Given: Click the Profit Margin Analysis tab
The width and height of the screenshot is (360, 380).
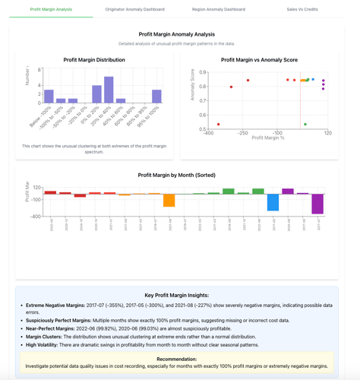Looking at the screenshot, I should tap(51, 9).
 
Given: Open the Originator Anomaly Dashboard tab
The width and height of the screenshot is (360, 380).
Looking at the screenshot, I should tap(134, 9).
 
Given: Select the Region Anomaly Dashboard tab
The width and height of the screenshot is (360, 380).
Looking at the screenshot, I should tap(219, 9).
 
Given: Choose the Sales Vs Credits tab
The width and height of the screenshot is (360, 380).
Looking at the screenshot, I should tap(302, 9).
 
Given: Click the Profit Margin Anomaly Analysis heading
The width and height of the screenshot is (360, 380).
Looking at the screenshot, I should tap(177, 34).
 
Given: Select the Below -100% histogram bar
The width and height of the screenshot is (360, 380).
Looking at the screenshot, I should tap(49, 97).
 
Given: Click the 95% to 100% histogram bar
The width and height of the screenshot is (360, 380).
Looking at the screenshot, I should tap(156, 97).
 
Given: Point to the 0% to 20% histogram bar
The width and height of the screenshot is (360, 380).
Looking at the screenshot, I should tap(96, 94).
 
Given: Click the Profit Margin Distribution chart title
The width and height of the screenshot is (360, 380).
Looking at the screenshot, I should tap(94, 59).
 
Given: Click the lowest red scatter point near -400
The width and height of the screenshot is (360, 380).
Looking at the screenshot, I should tap(219, 125).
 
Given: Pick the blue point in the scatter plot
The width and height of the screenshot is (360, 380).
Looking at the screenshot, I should tap(313, 79).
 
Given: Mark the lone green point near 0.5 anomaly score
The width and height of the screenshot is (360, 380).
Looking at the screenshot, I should tap(305, 125).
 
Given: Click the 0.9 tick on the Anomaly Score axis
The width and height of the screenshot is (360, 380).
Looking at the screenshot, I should tap(203, 73).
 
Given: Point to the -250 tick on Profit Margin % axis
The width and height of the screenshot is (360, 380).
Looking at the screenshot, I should tap(242, 133).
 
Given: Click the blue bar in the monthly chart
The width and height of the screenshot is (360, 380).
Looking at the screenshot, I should tap(273, 202).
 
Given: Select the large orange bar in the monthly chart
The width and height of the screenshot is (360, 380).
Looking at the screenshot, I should tap(169, 200).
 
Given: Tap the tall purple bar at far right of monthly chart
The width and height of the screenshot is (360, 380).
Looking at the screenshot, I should tap(317, 204).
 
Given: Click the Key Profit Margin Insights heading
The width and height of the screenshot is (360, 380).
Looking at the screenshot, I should tap(177, 295).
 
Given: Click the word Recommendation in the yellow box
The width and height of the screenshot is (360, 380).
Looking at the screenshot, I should tap(177, 358).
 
